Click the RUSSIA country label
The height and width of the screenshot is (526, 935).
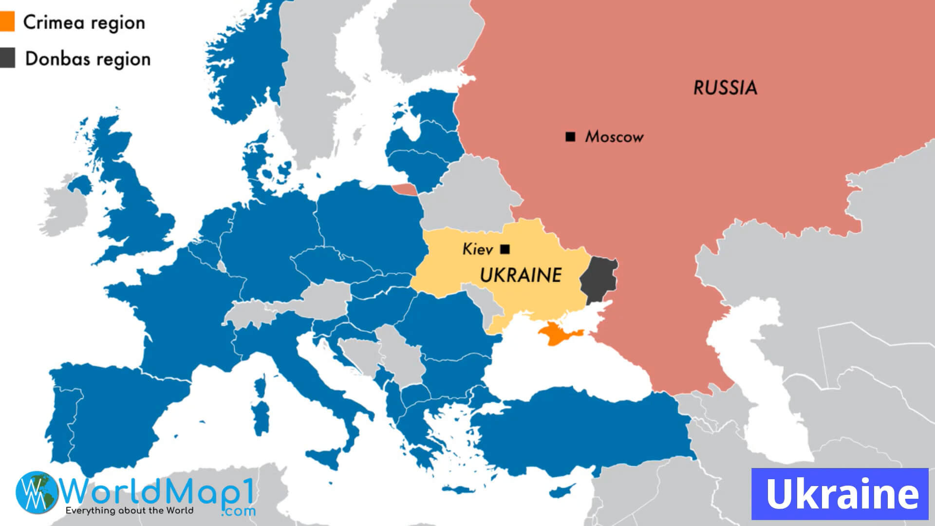point(725,88)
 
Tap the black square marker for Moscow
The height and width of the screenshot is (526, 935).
point(570,137)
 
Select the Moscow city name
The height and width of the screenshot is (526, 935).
point(614,137)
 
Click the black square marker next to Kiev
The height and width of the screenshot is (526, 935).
point(505,249)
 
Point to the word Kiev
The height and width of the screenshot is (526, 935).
point(477,249)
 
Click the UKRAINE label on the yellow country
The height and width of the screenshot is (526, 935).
point(521,276)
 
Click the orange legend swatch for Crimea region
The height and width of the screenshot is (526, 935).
point(7,22)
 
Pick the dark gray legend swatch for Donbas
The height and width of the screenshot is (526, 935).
point(7,58)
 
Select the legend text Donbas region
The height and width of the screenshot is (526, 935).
point(88,59)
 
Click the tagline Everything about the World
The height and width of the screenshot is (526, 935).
point(129,510)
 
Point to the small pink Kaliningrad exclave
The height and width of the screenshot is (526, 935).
point(404,189)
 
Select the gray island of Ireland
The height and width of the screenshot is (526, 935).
point(66,207)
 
